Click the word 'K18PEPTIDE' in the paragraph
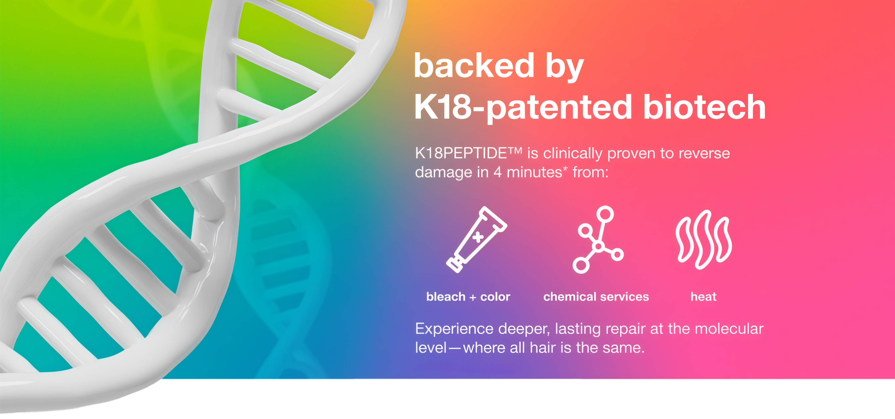coord(461,153)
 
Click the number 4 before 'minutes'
coord(497,173)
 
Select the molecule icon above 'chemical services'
coord(598,239)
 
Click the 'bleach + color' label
coord(468,297)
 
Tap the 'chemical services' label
coord(596,297)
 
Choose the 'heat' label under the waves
coord(703,297)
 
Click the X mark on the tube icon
coord(478,237)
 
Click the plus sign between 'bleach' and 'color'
coord(473,298)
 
